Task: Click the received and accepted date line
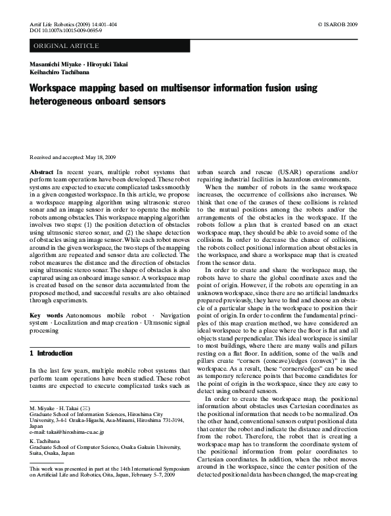click(73, 158)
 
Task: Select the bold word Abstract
click(42, 171)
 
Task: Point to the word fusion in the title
click(263, 88)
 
